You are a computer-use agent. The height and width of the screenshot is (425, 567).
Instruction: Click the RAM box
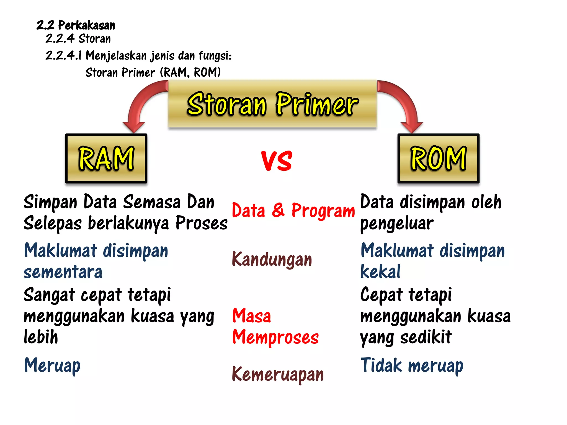click(106, 158)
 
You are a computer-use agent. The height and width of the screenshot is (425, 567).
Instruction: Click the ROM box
click(438, 158)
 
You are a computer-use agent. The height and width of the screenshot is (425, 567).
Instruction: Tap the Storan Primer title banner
click(272, 104)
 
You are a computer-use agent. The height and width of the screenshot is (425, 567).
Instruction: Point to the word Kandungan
click(272, 260)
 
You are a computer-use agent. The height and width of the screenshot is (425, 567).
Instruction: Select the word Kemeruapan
click(278, 374)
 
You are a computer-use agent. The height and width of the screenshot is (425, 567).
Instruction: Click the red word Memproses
click(275, 337)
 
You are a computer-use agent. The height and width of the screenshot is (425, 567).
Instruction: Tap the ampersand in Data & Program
click(278, 210)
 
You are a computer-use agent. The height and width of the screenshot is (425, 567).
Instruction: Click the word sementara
click(63, 272)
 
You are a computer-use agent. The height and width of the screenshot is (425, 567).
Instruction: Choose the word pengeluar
click(397, 224)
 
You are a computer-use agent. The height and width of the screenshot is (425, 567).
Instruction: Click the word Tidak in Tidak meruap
click(381, 365)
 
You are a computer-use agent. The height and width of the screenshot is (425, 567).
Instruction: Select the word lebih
click(41, 337)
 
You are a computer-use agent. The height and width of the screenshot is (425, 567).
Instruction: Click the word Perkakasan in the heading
click(86, 25)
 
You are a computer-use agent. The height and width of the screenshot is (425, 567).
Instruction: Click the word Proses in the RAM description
click(202, 223)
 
